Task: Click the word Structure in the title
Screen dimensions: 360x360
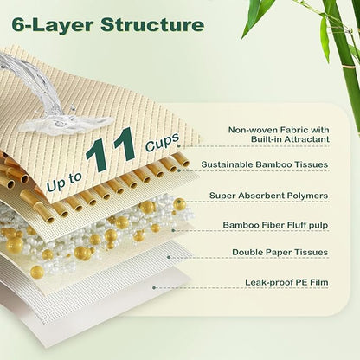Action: (152, 25)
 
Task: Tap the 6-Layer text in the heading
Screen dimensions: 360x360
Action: (52, 25)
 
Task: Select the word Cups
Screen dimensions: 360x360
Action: (163, 142)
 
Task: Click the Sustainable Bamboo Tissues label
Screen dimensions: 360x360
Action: (265, 164)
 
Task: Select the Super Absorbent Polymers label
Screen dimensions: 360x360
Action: (268, 196)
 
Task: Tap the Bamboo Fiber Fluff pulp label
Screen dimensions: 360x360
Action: (275, 225)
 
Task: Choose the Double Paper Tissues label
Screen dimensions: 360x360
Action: (280, 252)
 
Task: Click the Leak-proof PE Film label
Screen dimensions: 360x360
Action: (286, 282)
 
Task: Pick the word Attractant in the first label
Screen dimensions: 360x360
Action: (307, 139)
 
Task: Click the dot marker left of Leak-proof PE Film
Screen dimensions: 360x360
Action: (154, 287)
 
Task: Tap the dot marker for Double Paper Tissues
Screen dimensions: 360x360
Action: (169, 257)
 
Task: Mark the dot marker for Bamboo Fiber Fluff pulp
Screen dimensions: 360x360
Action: (173, 230)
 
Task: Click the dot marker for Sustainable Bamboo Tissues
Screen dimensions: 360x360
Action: (179, 170)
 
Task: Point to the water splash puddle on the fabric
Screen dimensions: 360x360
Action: (67, 124)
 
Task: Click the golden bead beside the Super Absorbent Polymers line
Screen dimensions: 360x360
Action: (179, 204)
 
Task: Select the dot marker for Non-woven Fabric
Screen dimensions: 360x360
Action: (179, 146)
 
